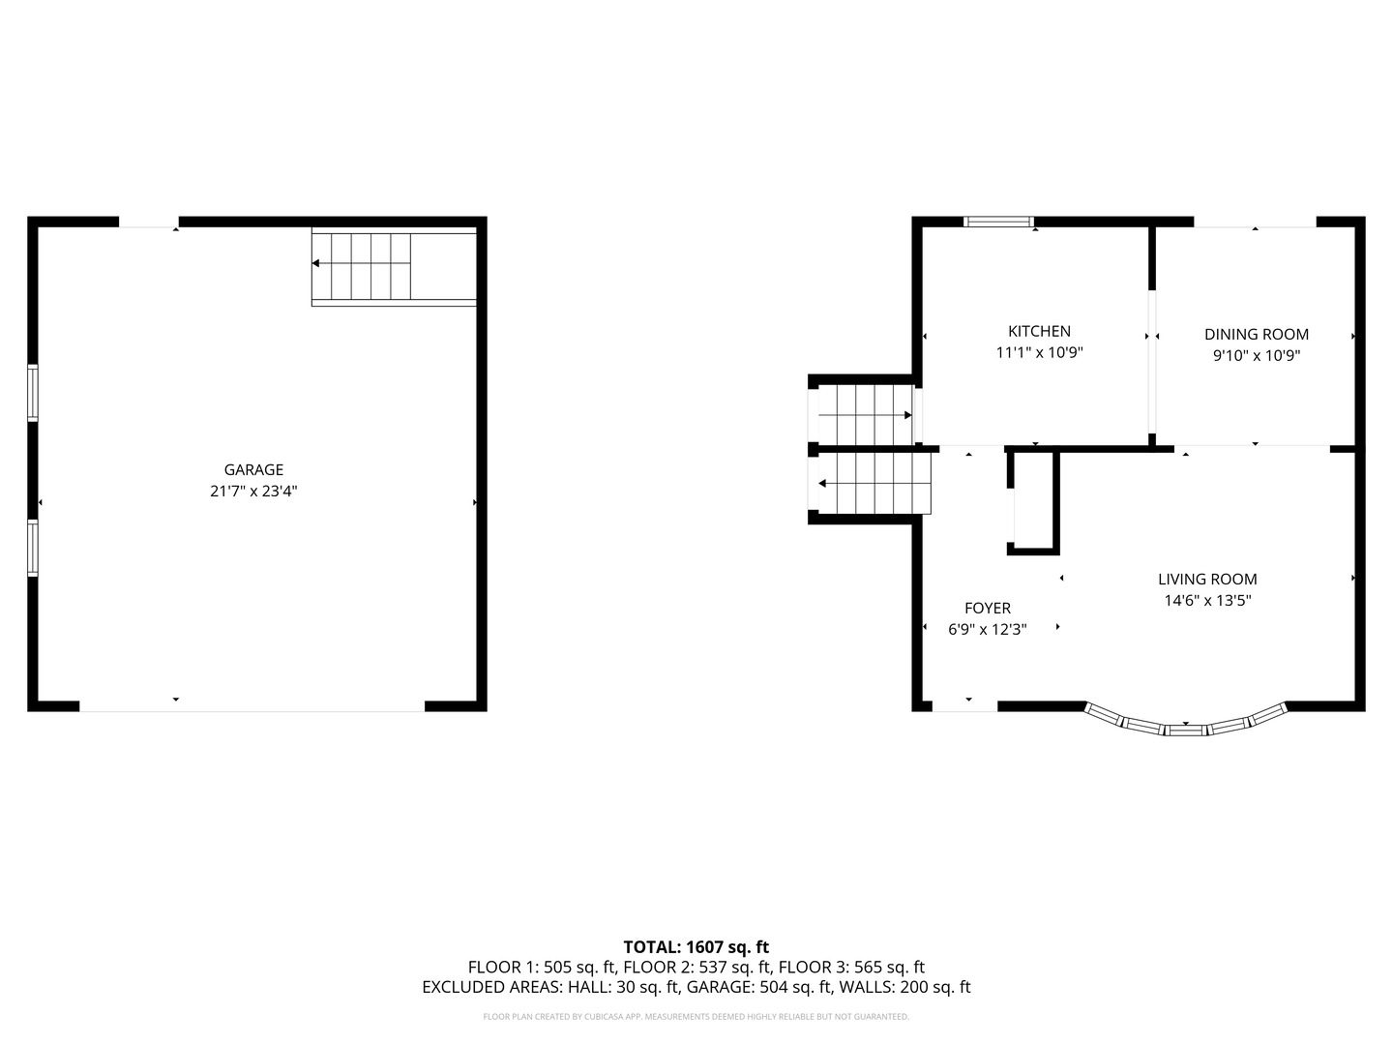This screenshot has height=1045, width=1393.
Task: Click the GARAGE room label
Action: [253, 470]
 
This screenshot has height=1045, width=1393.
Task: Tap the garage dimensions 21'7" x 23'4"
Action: [253, 492]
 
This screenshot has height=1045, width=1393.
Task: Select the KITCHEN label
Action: [1039, 331]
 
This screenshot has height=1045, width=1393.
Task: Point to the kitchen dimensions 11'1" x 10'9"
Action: [1039, 353]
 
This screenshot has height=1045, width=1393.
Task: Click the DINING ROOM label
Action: [1256, 335]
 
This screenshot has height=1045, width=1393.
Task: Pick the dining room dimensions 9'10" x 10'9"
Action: [1256, 356]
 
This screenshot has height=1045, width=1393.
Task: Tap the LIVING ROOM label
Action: [1207, 580]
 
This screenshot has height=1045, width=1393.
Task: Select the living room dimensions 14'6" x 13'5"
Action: [1207, 601]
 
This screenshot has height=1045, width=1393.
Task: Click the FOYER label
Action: [987, 609]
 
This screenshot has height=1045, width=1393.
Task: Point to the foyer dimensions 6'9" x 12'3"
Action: [987, 630]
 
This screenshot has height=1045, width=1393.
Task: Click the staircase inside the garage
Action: [393, 267]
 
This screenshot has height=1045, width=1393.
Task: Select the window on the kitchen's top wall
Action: [999, 223]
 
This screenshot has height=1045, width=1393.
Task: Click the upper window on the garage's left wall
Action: [33, 392]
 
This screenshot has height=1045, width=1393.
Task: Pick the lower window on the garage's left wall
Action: [33, 548]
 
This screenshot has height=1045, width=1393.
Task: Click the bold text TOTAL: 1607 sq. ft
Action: [696, 947]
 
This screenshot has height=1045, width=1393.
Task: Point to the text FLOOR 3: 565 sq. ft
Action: [851, 968]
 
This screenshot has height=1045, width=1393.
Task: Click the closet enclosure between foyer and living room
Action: [1034, 502]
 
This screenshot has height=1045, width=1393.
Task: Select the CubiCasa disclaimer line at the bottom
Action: [696, 1017]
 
